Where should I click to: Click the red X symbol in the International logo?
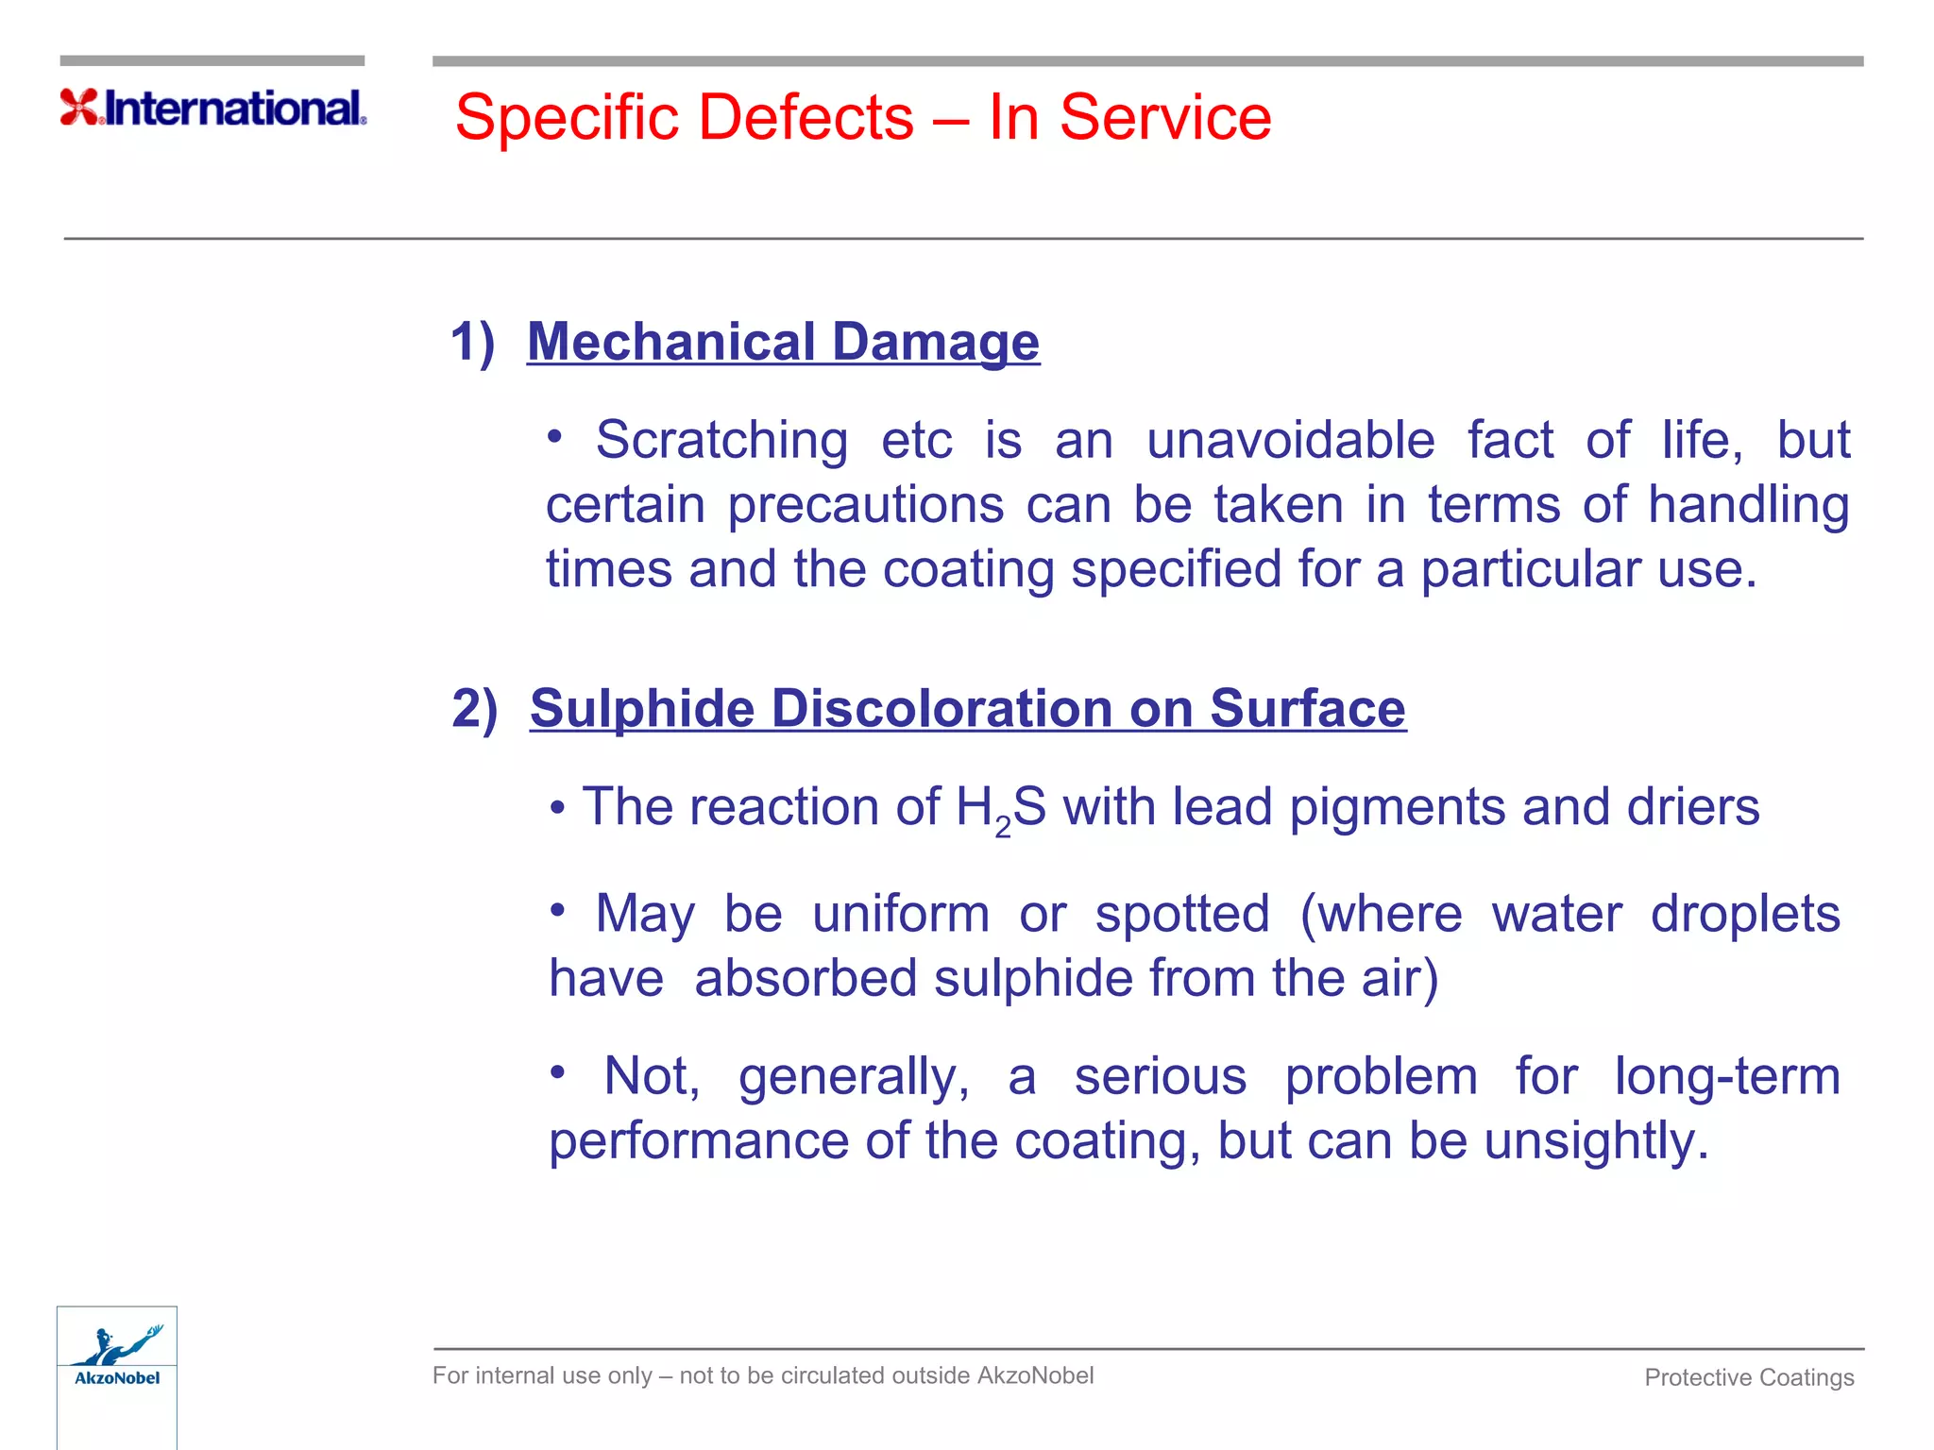pyautogui.click(x=79, y=107)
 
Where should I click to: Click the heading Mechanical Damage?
pyautogui.click(x=783, y=341)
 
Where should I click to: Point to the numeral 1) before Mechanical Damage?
pyautogui.click(x=472, y=341)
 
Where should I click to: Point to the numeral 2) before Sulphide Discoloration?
pyautogui.click(x=474, y=708)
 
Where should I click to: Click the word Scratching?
pyautogui.click(x=721, y=440)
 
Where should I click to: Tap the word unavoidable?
pyautogui.click(x=1290, y=440)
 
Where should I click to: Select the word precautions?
pyautogui.click(x=865, y=504)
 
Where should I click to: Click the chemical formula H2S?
pyautogui.click(x=1000, y=809)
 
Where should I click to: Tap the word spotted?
pyautogui.click(x=1181, y=915)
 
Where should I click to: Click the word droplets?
pyautogui.click(x=1745, y=915)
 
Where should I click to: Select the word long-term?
pyautogui.click(x=1727, y=1076)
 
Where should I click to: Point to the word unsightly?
pyautogui.click(x=1595, y=1140)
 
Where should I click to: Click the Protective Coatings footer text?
pyautogui.click(x=1749, y=1377)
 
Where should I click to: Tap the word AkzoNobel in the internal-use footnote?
pyautogui.click(x=1035, y=1375)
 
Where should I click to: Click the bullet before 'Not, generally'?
pyautogui.click(x=558, y=1072)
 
